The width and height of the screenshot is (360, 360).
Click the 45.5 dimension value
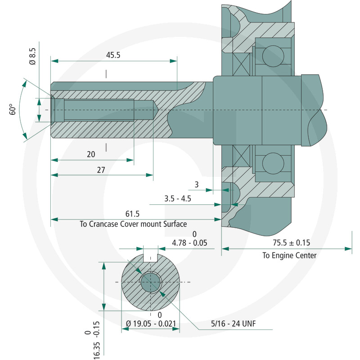(x=113, y=55)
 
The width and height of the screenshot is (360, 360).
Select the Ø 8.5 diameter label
(x=32, y=56)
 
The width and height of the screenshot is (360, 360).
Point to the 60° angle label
(x=13, y=109)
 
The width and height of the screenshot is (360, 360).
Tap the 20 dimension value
(x=91, y=154)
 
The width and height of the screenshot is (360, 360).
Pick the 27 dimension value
(x=101, y=170)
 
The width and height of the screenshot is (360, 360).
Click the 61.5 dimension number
(x=132, y=214)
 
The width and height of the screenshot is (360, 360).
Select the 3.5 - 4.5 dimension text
(x=177, y=198)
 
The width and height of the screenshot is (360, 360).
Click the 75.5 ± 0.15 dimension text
(x=291, y=243)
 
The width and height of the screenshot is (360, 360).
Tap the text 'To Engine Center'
(x=289, y=255)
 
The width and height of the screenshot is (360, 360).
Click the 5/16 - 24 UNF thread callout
(x=233, y=324)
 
